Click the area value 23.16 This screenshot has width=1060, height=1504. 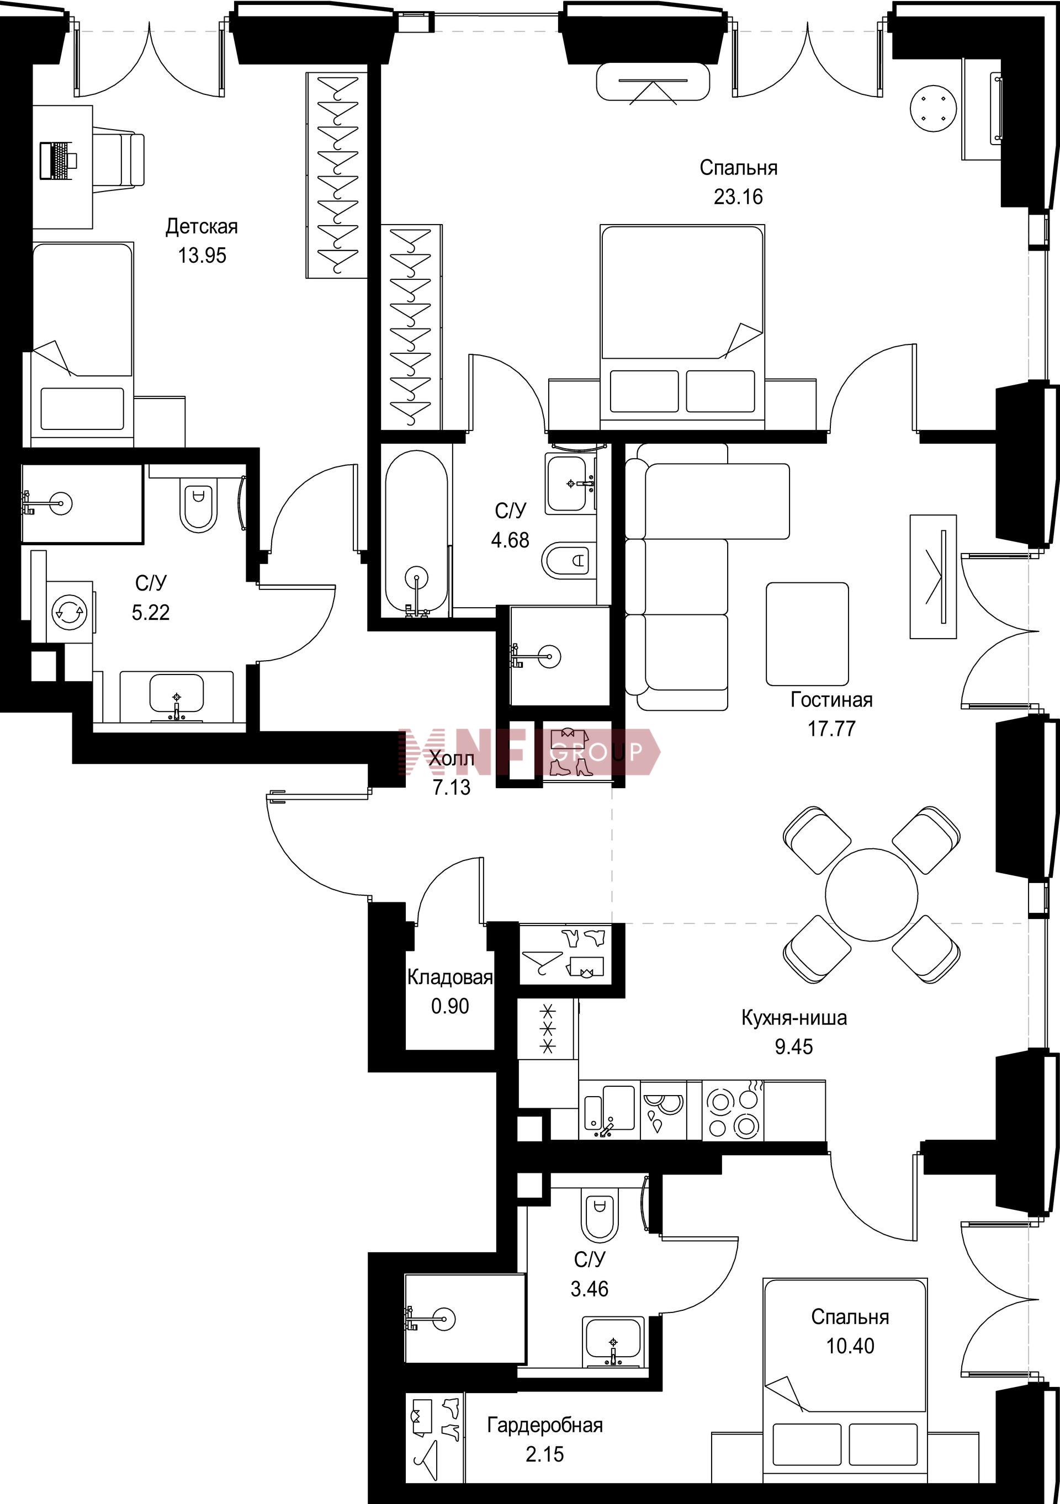(x=738, y=196)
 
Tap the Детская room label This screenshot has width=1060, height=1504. (x=202, y=227)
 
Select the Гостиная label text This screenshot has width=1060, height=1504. (x=831, y=700)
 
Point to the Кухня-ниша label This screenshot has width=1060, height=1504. (x=794, y=1017)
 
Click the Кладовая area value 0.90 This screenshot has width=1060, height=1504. (x=450, y=1006)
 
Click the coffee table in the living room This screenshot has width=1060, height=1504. (x=807, y=634)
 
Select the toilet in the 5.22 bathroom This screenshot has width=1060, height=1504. (x=199, y=508)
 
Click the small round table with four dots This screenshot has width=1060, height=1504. (x=934, y=108)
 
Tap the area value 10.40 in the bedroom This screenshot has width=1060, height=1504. (x=850, y=1346)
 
